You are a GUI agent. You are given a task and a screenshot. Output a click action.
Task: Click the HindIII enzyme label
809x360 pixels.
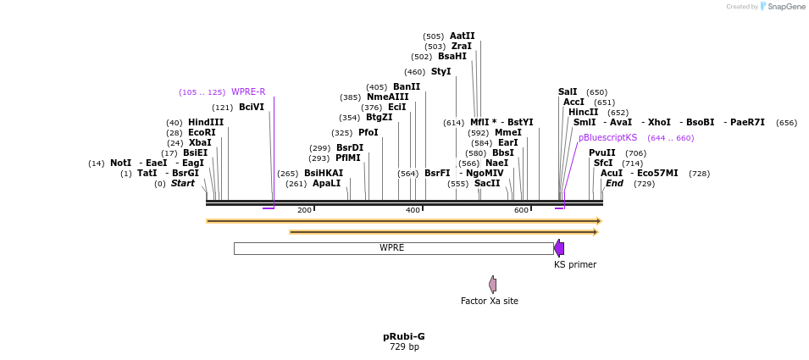tap(206, 123)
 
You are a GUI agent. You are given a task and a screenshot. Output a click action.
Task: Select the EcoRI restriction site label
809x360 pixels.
tap(202, 133)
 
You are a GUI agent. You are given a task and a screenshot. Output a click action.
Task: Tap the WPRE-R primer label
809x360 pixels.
tap(248, 92)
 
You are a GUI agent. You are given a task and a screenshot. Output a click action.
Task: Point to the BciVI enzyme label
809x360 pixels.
tap(252, 108)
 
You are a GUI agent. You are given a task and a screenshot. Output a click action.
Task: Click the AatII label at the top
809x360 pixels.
tap(463, 36)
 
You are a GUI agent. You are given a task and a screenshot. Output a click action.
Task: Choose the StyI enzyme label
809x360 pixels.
tap(441, 72)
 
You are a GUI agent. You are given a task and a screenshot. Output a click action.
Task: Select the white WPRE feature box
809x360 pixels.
tap(392, 248)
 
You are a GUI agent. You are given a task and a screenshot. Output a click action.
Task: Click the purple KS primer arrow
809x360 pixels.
tap(559, 248)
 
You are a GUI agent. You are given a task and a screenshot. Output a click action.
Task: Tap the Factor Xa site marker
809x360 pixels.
tap(492, 285)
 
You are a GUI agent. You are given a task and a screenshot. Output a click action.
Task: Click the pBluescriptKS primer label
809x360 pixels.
tap(607, 138)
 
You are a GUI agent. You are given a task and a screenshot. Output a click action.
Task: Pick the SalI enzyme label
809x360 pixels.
tap(568, 92)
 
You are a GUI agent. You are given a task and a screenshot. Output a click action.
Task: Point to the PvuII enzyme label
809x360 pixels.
tap(602, 153)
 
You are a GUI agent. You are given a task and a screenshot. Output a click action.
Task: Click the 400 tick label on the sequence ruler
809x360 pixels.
tap(413, 210)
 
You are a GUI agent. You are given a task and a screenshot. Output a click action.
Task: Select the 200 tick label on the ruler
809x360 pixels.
tap(304, 210)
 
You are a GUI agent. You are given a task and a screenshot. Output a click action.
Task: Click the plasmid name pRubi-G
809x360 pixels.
tap(404, 336)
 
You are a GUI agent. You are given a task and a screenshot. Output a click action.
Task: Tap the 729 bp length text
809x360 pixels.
tap(404, 346)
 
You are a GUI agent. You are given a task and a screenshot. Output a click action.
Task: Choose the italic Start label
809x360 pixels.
tap(183, 184)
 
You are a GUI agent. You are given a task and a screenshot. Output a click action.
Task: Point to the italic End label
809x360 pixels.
tap(614, 184)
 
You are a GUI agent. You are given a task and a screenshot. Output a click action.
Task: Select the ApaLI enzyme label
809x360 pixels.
tap(326, 184)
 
